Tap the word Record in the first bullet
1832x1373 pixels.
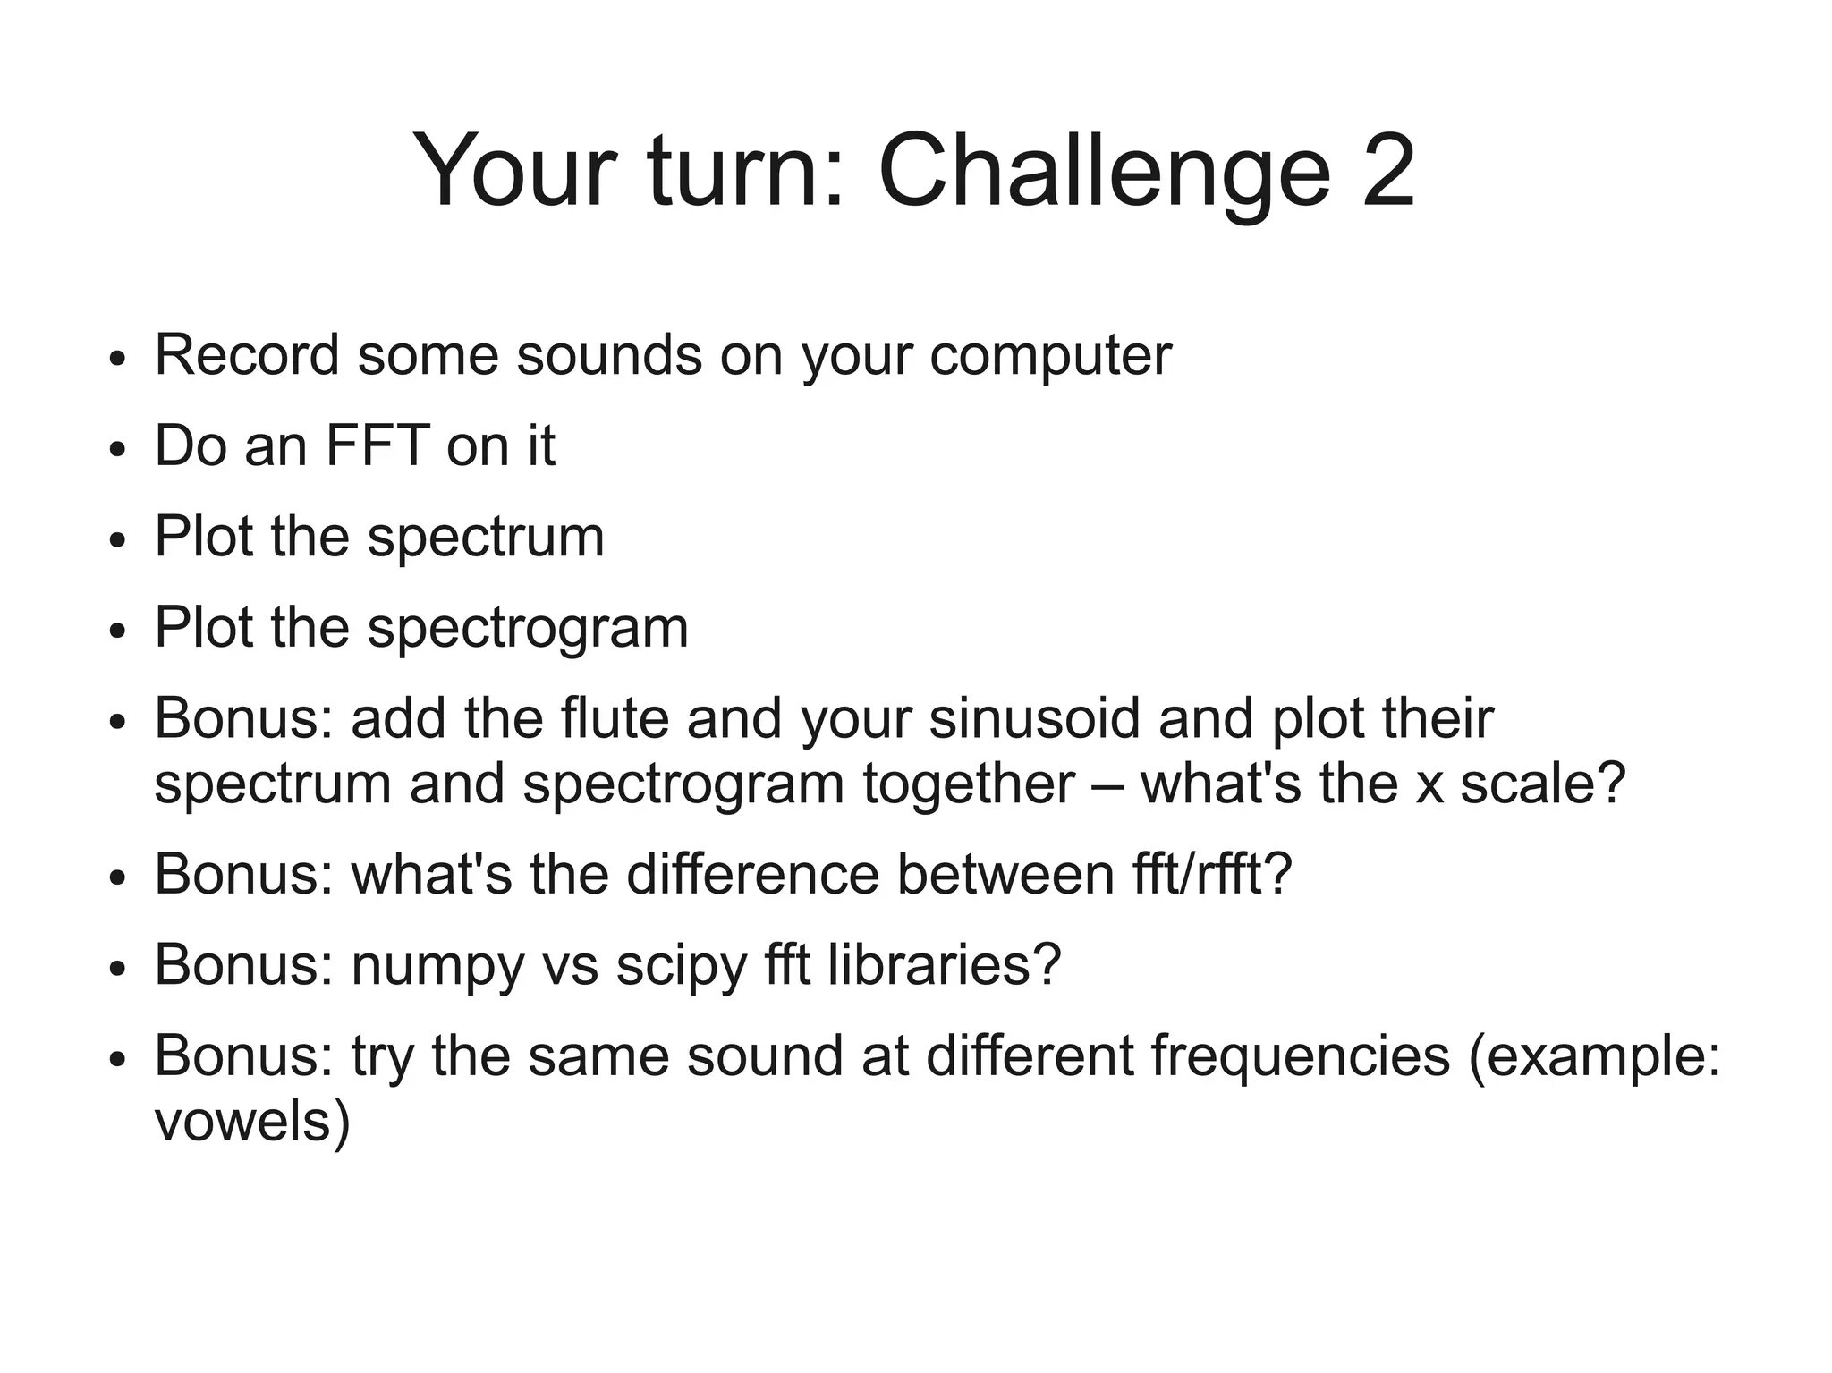point(247,355)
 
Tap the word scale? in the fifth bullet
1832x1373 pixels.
point(1542,784)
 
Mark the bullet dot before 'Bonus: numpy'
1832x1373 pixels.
point(116,969)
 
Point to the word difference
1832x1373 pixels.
point(752,874)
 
